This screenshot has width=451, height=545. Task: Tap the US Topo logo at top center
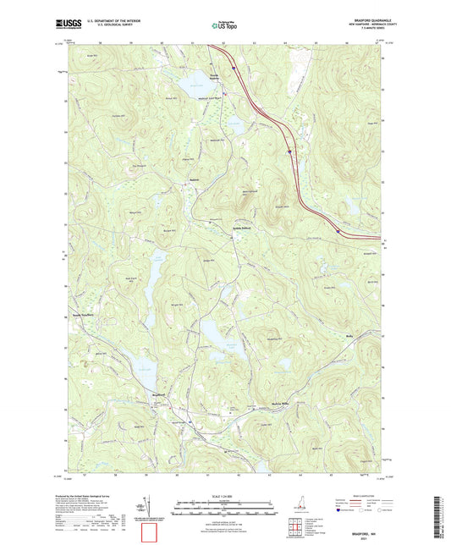click(x=225, y=25)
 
